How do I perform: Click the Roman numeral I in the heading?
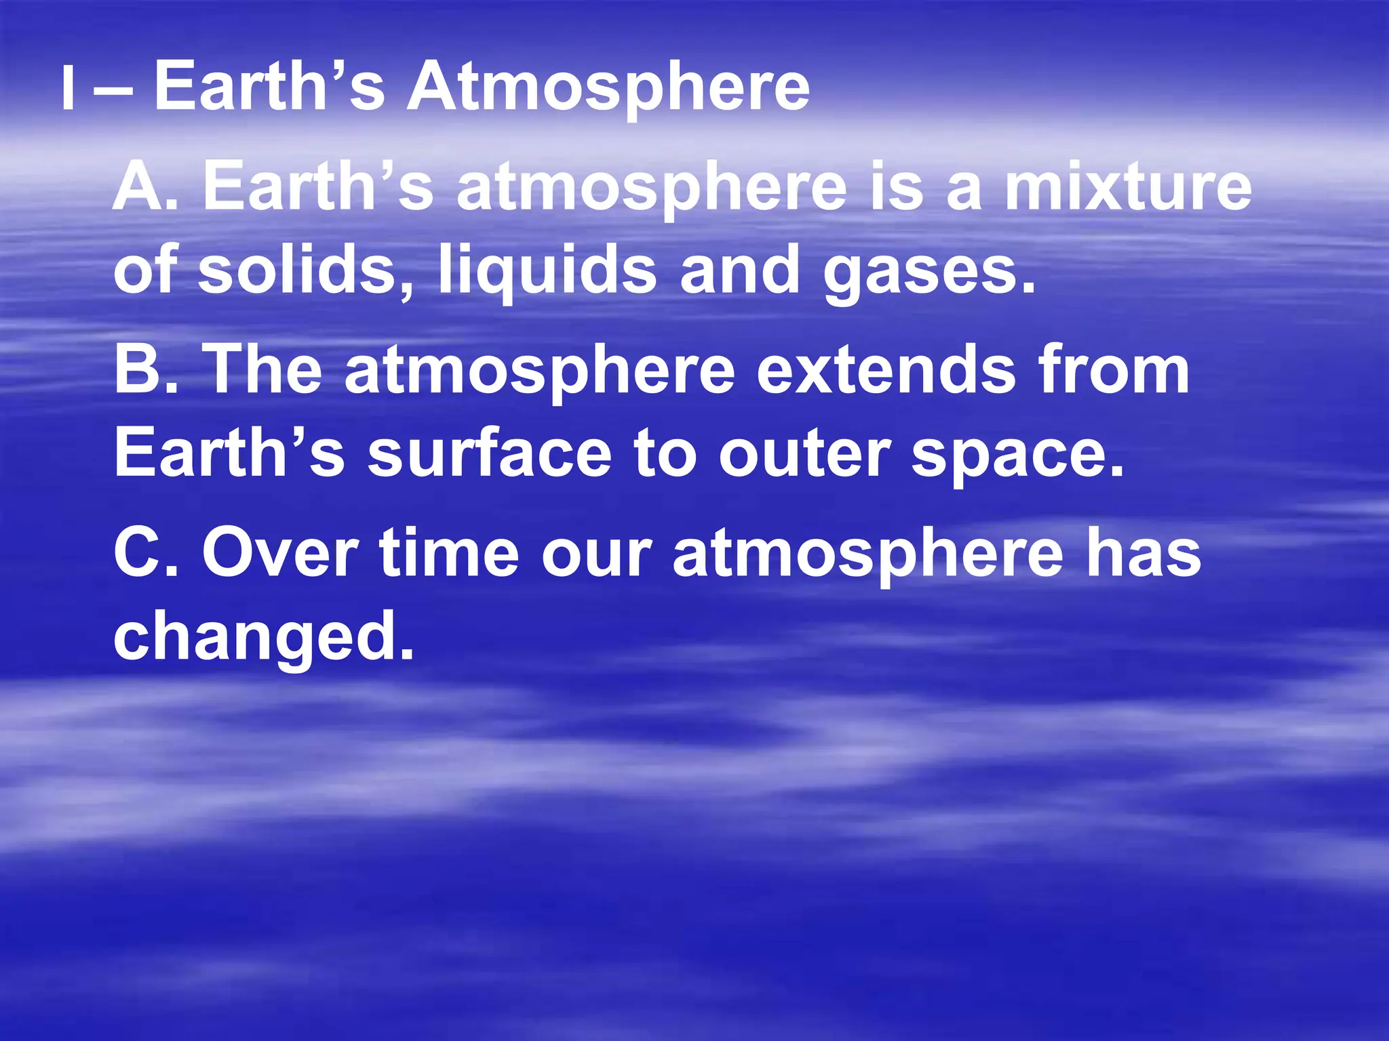[67, 89]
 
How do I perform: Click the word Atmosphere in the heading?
[608, 88]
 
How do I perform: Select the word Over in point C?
[280, 554]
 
